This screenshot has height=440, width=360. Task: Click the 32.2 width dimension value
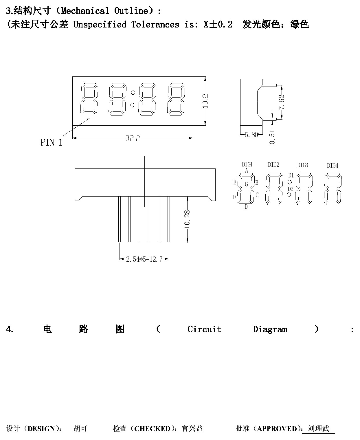[133, 138]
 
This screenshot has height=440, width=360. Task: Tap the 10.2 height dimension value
[205, 101]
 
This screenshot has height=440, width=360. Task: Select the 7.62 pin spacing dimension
[282, 102]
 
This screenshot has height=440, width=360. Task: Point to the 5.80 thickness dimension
[251, 135]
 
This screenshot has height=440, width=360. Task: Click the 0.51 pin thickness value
[272, 137]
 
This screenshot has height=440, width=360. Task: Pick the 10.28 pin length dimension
[187, 219]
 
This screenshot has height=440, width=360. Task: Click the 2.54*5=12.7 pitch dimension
[144, 259]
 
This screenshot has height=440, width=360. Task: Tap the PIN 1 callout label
[52, 142]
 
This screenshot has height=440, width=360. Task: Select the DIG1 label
[247, 165]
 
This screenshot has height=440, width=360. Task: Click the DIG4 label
[333, 166]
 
